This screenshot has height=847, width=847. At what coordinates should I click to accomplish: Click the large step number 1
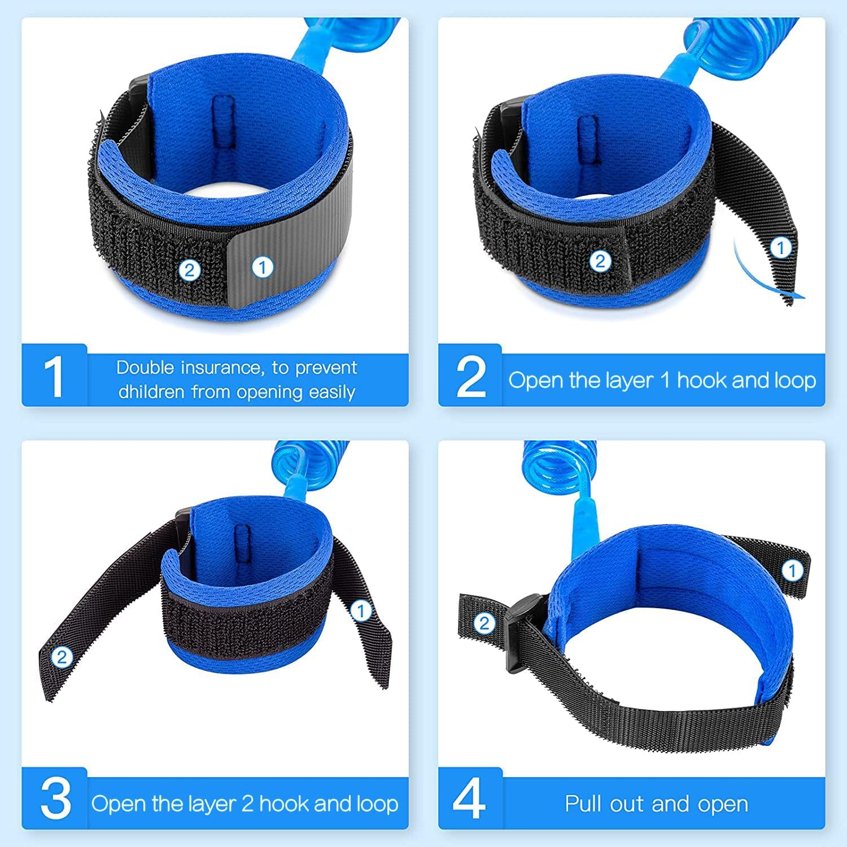click(x=54, y=377)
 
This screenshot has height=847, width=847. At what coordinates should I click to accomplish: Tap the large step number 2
click(x=470, y=377)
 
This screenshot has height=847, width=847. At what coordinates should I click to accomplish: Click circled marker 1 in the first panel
click(x=262, y=267)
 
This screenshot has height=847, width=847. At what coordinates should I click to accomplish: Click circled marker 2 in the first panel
click(x=189, y=270)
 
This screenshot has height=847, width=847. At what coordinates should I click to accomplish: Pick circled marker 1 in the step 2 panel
click(x=781, y=247)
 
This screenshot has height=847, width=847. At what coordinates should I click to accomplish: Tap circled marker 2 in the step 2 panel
click(x=600, y=261)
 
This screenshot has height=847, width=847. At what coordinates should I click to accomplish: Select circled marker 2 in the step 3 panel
click(x=62, y=657)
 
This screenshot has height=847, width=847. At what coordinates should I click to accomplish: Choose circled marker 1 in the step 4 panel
click(x=792, y=570)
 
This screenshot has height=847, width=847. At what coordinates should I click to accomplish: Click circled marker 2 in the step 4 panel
click(x=484, y=623)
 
